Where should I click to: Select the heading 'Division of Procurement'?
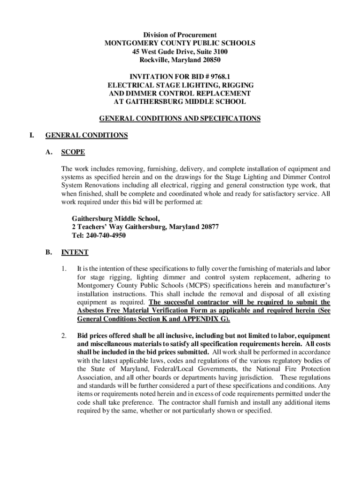coord(180,35)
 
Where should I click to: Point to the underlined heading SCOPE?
coord(73,152)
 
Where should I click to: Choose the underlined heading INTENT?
coord(75,252)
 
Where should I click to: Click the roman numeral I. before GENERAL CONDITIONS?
coord(31,135)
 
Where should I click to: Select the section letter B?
coord(49,252)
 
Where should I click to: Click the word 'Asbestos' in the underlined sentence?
coord(91,311)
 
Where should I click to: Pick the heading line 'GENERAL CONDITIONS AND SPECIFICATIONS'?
coord(180,118)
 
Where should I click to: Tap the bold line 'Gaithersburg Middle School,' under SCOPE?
coord(116,218)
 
